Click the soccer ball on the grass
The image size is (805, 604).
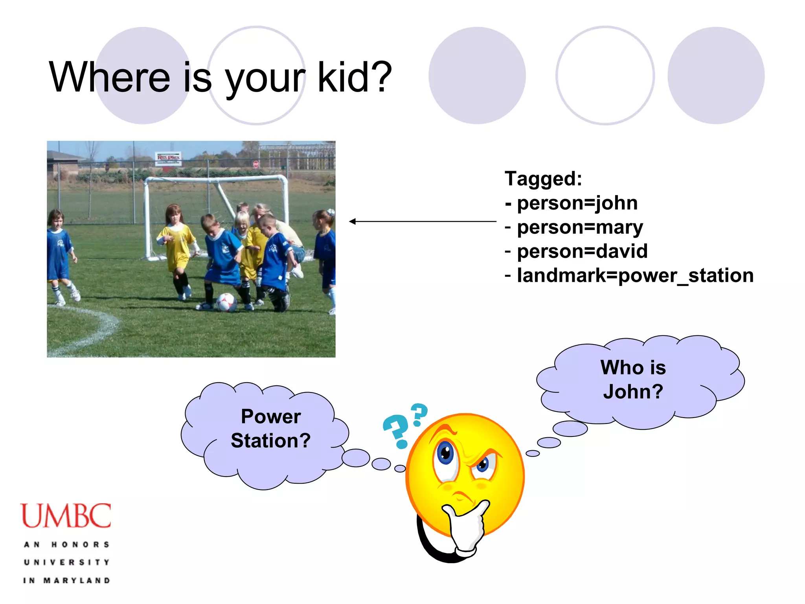226,302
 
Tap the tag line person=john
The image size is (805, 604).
571,203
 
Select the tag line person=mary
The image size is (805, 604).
574,228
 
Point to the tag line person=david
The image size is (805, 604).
576,251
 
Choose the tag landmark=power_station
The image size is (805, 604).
629,275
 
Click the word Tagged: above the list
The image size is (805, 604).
543,179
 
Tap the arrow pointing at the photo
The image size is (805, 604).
423,221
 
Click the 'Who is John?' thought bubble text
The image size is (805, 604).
633,379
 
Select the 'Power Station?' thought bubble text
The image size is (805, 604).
271,428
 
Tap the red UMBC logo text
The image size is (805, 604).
66,516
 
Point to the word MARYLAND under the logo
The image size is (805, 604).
77,580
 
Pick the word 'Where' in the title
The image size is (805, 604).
110,77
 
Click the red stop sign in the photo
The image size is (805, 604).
256,164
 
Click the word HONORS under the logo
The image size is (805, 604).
80,545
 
